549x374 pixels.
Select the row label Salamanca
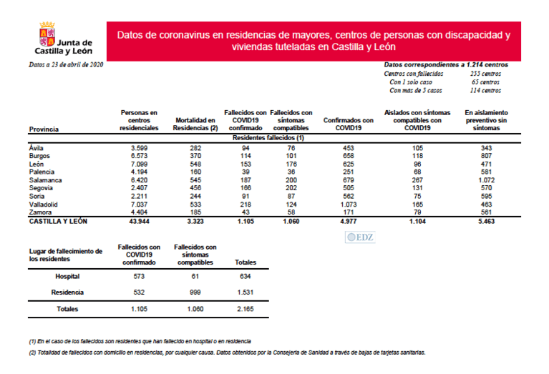[x=45, y=180]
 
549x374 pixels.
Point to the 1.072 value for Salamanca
[x=487, y=180]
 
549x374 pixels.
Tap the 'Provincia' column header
[x=44, y=129]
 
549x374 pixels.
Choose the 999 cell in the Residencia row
[x=195, y=292]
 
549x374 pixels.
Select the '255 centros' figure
[x=485, y=74]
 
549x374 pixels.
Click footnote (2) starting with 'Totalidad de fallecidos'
[x=222, y=353]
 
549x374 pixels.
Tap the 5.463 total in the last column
[x=487, y=222]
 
